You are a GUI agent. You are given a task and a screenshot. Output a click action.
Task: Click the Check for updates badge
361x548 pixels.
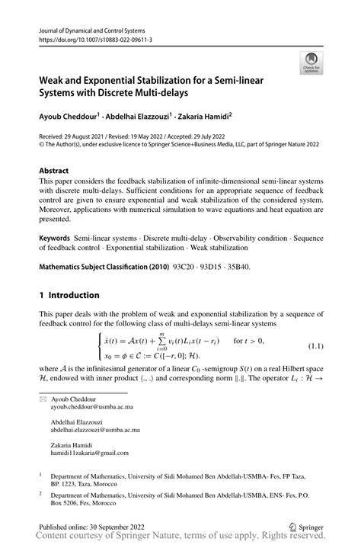click(311, 62)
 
